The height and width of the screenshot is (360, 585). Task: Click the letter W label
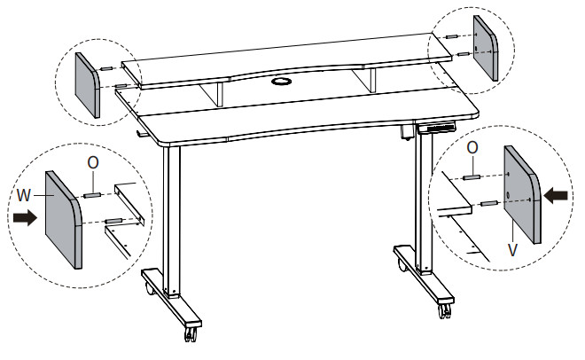tap(24, 195)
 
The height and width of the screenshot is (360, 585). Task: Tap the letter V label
tap(513, 250)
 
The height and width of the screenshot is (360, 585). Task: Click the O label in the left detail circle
tap(93, 162)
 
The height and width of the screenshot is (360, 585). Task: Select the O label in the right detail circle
tap(472, 148)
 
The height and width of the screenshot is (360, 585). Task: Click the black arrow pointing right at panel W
tap(25, 217)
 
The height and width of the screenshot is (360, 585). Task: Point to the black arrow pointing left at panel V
tap(556, 195)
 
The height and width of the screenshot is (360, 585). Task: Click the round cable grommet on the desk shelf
tap(282, 81)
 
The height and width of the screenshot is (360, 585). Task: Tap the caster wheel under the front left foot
tap(191, 333)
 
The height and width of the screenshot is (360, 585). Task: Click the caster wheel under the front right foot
tap(445, 310)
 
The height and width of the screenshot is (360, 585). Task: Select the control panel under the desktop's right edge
tap(437, 128)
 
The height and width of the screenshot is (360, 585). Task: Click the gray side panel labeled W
tap(64, 220)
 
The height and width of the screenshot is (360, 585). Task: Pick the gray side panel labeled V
tap(522, 194)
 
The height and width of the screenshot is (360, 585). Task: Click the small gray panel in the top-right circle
tap(486, 48)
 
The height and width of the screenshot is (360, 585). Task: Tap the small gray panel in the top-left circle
tap(88, 85)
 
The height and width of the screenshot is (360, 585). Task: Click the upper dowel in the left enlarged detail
tap(92, 195)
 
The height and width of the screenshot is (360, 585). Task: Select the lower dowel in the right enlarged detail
tap(489, 203)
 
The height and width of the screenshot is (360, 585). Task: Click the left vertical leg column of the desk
tap(172, 220)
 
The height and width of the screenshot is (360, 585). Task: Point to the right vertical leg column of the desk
tap(425, 201)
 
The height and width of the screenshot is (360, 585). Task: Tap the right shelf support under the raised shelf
tap(365, 80)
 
